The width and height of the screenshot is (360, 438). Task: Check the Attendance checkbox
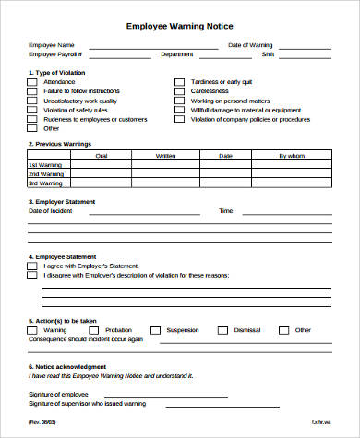tap(32, 81)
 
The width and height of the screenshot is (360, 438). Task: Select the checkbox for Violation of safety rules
tap(32, 110)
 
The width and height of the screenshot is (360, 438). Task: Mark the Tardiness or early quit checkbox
tap(180, 81)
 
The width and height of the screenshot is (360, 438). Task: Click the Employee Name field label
tap(50, 44)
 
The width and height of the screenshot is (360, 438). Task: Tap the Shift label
tap(294, 54)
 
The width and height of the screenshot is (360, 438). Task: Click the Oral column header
tap(102, 156)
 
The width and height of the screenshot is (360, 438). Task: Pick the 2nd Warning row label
tap(45, 174)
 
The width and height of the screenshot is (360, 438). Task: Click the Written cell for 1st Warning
tap(165, 165)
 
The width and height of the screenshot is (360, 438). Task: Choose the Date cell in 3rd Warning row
tap(226, 183)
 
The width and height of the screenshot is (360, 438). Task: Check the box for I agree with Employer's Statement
tap(32, 266)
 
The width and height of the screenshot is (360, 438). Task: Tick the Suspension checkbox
tap(156, 329)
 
